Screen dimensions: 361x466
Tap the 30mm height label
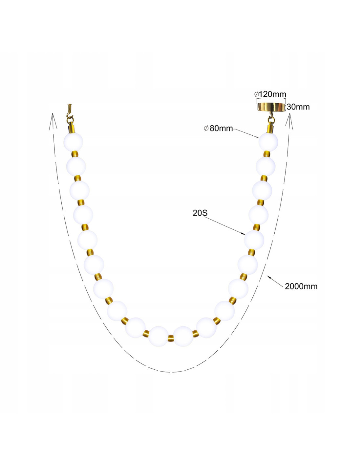[298, 107]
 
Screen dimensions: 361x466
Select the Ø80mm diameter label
[218, 128]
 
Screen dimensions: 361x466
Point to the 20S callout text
[200, 213]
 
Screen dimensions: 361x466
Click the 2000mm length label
[301, 286]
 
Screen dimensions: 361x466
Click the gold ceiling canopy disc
[271, 107]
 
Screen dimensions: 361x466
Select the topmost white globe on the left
[73, 142]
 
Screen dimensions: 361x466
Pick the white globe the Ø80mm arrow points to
[268, 142]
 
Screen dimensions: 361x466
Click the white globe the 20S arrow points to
[254, 240]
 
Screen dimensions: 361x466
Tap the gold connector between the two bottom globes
[171, 338]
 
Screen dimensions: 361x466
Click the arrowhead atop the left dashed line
[53, 121]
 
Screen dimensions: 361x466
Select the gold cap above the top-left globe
[72, 128]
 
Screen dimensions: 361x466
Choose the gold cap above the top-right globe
[271, 128]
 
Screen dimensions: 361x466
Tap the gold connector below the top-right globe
[266, 154]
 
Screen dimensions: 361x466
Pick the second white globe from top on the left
[76, 166]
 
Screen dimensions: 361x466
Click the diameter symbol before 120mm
[256, 94]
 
